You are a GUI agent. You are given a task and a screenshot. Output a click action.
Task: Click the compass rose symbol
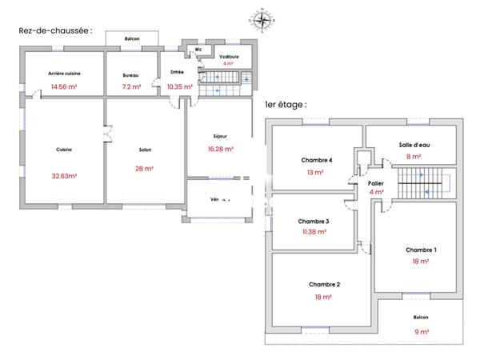[262, 19]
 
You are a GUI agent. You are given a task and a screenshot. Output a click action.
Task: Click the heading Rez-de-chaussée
[55, 30]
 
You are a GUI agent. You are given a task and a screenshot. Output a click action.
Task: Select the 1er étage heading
[285, 104]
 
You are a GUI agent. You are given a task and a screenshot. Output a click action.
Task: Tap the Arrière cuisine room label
[64, 74]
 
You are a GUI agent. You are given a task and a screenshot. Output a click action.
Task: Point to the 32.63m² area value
[64, 176]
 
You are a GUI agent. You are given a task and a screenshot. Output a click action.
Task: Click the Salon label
[145, 150]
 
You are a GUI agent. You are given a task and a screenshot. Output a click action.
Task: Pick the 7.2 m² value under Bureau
[131, 86]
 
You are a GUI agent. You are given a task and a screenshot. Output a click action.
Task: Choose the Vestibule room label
[230, 56]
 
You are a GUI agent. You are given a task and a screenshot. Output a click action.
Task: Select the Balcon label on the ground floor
[133, 38]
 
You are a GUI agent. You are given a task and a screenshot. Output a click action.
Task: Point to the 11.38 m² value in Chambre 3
[314, 233]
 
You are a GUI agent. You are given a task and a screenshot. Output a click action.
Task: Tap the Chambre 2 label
[325, 285]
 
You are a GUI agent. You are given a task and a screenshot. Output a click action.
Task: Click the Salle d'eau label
[414, 145]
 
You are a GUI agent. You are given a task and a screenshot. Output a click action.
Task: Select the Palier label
[376, 182]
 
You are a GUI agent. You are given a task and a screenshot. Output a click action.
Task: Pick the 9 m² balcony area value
[421, 330]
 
